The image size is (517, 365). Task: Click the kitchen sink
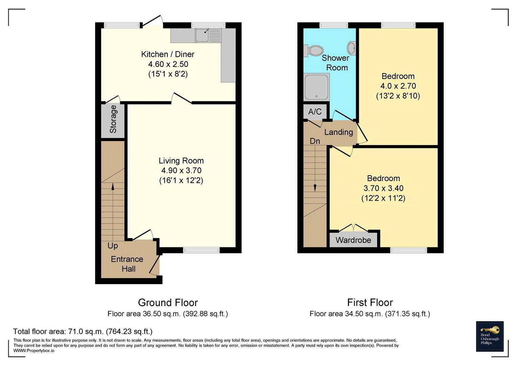pos(208,35)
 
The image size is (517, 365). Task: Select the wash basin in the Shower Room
pos(352,48)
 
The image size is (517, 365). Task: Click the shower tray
pos(316,87)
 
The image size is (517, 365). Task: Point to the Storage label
pos(113,119)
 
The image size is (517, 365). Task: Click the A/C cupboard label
pos(315,112)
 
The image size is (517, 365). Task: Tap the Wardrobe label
pos(353,240)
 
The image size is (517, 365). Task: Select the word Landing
pos(338,132)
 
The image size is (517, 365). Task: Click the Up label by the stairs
pos(113,246)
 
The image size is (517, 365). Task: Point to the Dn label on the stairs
pos(315,141)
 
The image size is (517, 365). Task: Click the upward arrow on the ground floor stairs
pos(113,212)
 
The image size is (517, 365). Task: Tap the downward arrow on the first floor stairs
pos(315,168)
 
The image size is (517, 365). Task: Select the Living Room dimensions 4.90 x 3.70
pos(181,171)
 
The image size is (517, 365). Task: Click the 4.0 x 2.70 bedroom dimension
pos(398,86)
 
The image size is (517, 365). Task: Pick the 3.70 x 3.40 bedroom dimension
pos(383,188)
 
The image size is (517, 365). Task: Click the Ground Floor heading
pos(168,302)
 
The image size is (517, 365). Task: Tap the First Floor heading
pos(370,302)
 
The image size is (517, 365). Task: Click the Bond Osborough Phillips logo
pos(490,336)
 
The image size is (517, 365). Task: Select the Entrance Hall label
pos(127,264)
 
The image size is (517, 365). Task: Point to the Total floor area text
pos(83,332)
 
